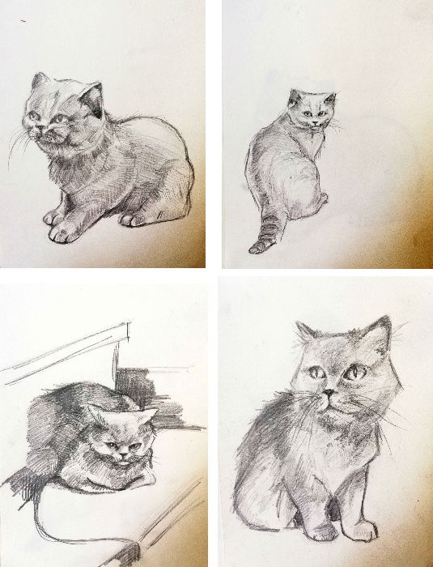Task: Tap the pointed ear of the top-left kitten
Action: pyautogui.click(x=91, y=97)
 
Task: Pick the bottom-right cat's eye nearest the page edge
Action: pyautogui.click(x=354, y=374)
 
